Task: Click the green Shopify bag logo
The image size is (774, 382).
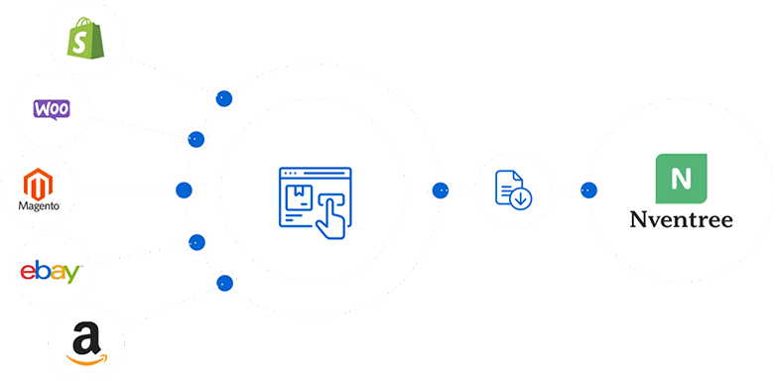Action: pos(85,39)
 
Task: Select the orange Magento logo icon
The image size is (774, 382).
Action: pos(39,184)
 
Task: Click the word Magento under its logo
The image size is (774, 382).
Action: pos(39,206)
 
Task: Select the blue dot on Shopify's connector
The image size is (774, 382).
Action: pos(224,98)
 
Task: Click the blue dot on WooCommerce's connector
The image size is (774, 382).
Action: pos(195,138)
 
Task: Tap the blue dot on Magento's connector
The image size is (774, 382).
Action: pos(183,189)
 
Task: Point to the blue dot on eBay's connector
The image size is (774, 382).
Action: pos(195,241)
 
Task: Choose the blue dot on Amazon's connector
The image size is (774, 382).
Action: pos(224,283)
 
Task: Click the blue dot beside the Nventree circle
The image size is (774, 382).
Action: pos(587,189)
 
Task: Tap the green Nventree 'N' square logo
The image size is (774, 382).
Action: pos(681,179)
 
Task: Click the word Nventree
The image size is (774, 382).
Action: pos(681,218)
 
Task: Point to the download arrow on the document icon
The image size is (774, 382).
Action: pos(519,198)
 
